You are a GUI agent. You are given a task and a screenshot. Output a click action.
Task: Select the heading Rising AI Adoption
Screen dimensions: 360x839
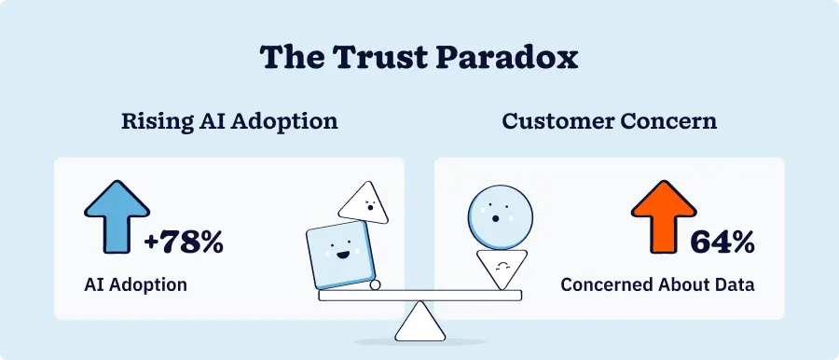(x=229, y=121)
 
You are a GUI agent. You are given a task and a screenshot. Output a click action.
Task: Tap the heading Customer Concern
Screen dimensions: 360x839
(x=609, y=121)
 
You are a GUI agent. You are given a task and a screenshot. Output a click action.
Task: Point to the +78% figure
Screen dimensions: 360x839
(x=185, y=244)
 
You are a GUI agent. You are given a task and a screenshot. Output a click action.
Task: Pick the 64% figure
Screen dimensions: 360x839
(x=722, y=244)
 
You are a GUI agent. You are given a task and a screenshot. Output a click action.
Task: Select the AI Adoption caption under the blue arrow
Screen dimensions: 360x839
(x=134, y=284)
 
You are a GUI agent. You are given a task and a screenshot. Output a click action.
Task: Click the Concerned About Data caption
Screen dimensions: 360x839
(x=657, y=284)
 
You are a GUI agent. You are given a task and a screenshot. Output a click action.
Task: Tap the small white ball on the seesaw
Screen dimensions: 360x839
(x=375, y=285)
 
